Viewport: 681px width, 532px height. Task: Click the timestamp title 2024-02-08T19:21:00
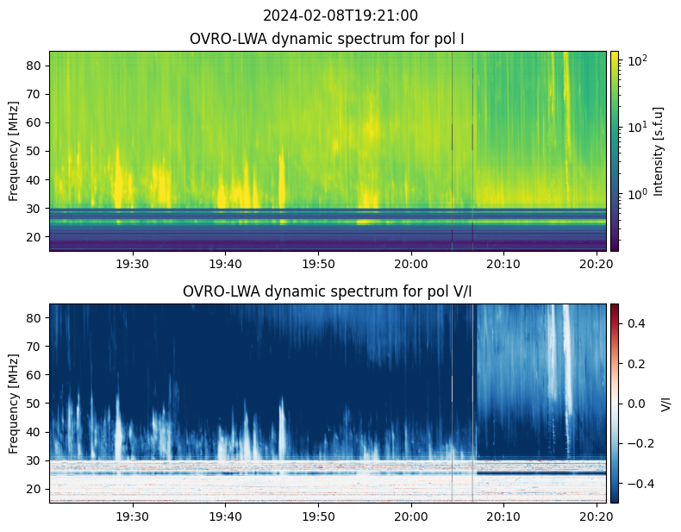coord(340,16)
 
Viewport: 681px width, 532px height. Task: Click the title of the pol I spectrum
coord(328,40)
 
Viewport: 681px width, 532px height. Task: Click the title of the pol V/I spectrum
coord(328,291)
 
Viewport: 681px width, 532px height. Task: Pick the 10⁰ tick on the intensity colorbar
coord(636,194)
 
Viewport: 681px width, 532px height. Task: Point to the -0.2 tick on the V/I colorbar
coord(638,443)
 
